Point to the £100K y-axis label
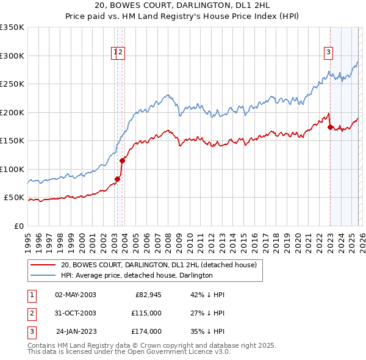(x=12, y=169)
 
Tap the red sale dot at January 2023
(x=330, y=128)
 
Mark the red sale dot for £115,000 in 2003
(x=123, y=160)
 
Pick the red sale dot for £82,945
(x=117, y=179)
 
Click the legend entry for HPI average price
(x=136, y=275)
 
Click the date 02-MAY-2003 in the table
(x=76, y=295)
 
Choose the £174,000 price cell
(x=146, y=331)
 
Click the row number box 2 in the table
(x=32, y=313)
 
